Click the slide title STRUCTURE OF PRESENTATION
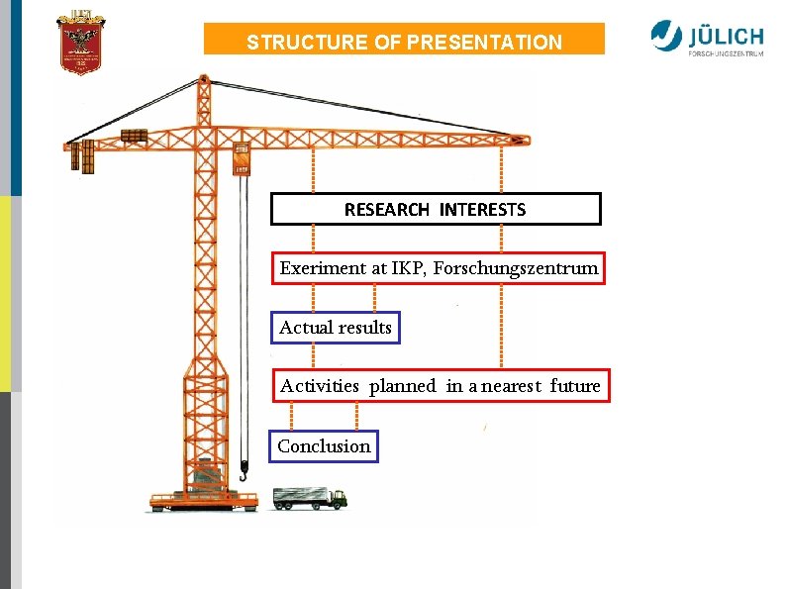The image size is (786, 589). pos(404,43)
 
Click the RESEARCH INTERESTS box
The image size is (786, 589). pos(436,209)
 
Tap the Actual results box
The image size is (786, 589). pos(336,328)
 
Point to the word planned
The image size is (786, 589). pos(402,386)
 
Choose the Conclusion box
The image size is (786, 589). pos(324,446)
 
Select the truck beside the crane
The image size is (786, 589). pos(310,497)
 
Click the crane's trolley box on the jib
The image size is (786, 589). pos(241,157)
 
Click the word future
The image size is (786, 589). pos(575,386)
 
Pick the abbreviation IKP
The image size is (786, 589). pos(406,268)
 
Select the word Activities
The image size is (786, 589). pos(319,386)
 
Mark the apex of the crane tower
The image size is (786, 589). pos(204,78)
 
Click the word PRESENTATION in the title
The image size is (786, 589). pos(484,43)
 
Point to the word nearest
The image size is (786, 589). pos(507,386)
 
